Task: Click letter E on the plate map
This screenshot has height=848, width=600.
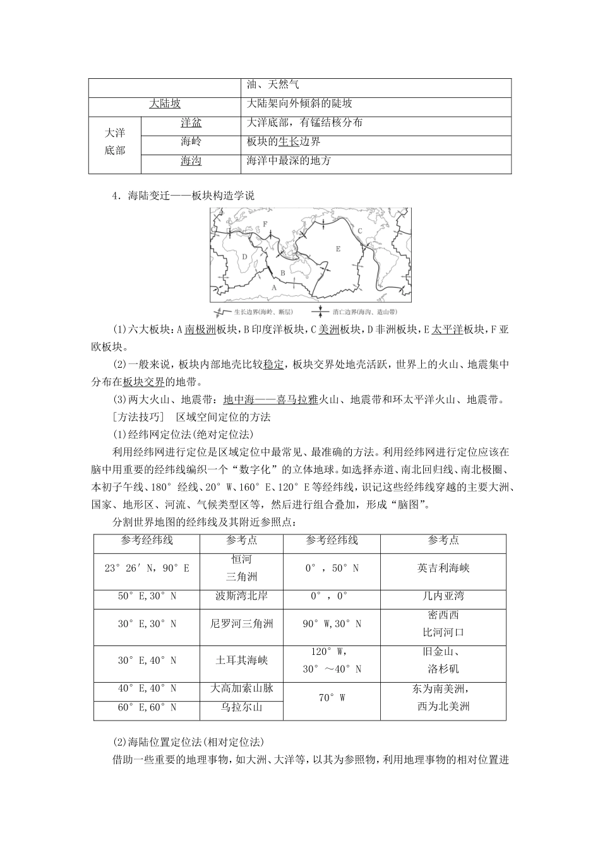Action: pos(338,249)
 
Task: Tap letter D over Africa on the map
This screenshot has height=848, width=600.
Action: pos(244,256)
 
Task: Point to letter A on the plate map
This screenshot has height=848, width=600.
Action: pos(274,286)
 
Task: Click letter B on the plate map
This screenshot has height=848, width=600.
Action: pos(283,273)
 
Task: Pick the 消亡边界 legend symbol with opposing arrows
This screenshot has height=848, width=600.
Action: pos(321,312)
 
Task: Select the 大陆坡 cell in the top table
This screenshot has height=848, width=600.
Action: pos(165,103)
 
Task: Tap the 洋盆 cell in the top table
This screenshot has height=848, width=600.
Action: pos(191,122)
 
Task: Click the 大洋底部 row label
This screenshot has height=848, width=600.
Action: pos(115,141)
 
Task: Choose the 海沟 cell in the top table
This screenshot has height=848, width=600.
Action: pos(191,161)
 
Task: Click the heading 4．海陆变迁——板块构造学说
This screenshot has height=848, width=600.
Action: pos(183,196)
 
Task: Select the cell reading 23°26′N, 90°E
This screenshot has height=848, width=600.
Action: pos(147,567)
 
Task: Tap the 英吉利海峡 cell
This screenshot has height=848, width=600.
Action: pos(443,567)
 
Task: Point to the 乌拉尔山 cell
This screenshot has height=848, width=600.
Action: pos(241,707)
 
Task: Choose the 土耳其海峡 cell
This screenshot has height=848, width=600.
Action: pos(241,659)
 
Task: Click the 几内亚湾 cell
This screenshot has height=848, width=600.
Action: pos(443,595)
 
